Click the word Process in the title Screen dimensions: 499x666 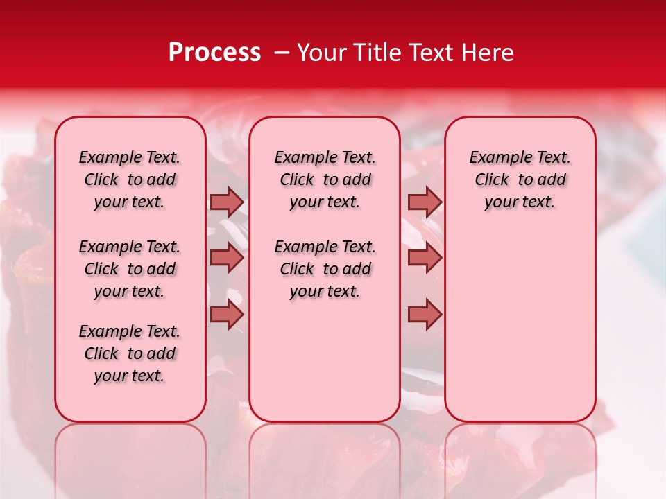(214, 53)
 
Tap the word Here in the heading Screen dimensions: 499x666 (488, 53)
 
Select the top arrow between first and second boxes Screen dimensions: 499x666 (226, 202)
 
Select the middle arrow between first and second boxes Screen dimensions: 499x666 (226, 259)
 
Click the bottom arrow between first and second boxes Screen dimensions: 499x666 (226, 315)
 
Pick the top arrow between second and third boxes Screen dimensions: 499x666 (425, 202)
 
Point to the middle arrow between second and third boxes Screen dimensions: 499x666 (425, 259)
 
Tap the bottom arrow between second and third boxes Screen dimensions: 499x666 (425, 315)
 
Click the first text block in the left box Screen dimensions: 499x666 (130, 180)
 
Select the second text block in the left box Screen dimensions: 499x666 (130, 269)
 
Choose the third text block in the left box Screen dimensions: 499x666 (130, 353)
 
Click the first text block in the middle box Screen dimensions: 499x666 (325, 180)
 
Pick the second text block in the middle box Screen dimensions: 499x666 (325, 269)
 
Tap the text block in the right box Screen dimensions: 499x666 (520, 180)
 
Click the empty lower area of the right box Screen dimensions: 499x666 (520, 326)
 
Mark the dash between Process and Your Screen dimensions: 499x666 (282, 53)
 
